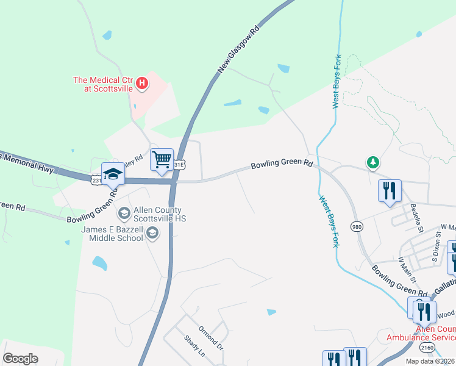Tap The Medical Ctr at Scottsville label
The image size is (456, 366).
tap(102, 84)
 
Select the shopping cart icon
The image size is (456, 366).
tap(162, 160)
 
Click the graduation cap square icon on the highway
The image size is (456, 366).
tap(113, 175)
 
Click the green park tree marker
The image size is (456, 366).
tap(372, 162)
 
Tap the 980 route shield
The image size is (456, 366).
tap(357, 227)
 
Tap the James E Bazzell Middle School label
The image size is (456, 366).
tap(113, 233)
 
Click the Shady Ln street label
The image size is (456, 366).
tap(195, 346)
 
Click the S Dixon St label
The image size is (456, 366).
tap(436, 250)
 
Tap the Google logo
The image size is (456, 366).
tap(21, 359)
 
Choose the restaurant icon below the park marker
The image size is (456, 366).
tap(390, 190)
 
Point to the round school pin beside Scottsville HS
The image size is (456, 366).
tap(124, 213)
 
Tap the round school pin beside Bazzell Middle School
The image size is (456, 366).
tap(152, 232)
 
